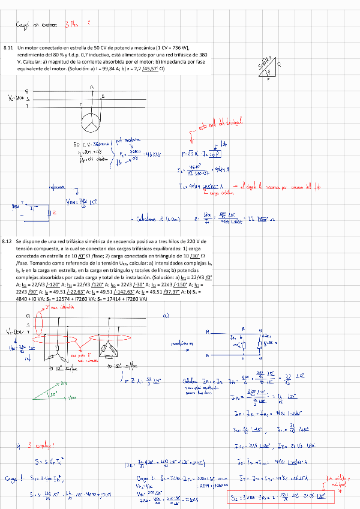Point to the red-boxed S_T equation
coord(282,496)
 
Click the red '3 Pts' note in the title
coord(71,25)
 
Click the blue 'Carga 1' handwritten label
coord(13,478)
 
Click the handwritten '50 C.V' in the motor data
coord(81,145)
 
